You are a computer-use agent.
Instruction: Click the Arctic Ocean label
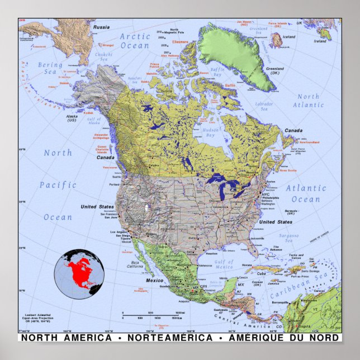(x=135, y=41)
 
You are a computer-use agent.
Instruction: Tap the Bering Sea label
(x=50, y=69)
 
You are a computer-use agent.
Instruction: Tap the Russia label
(x=101, y=27)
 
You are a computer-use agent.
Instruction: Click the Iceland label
(x=289, y=37)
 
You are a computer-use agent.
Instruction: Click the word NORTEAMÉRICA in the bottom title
(x=170, y=338)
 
